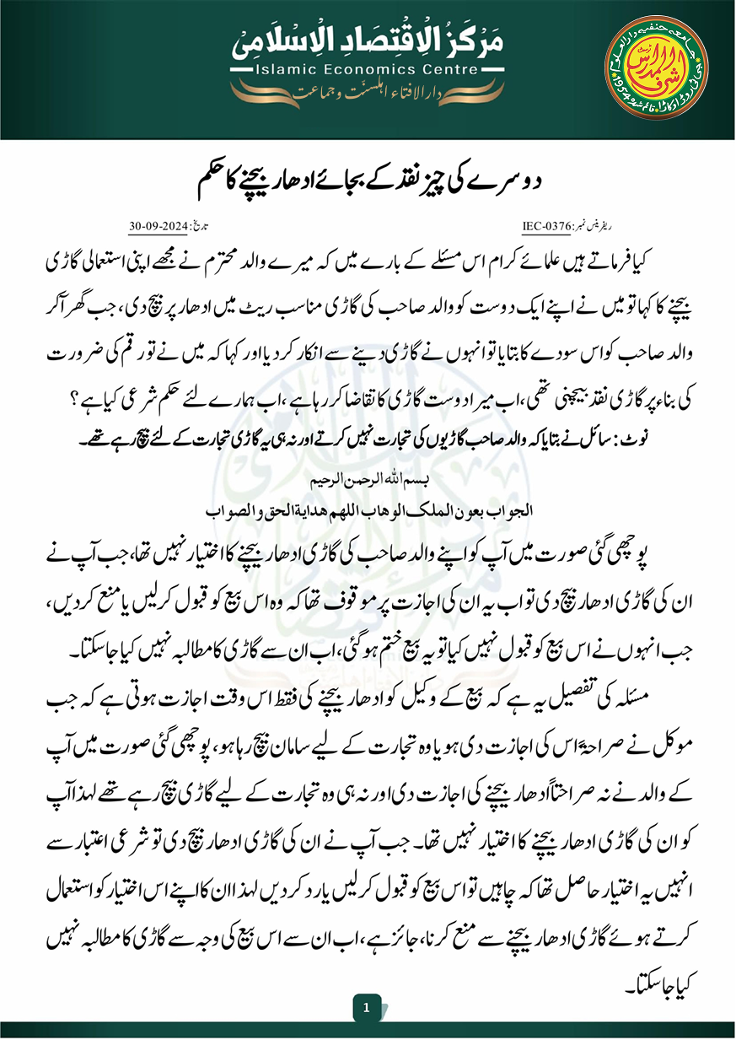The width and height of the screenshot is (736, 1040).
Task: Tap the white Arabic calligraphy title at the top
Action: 368,39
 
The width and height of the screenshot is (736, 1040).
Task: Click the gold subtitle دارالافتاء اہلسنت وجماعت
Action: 368,92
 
